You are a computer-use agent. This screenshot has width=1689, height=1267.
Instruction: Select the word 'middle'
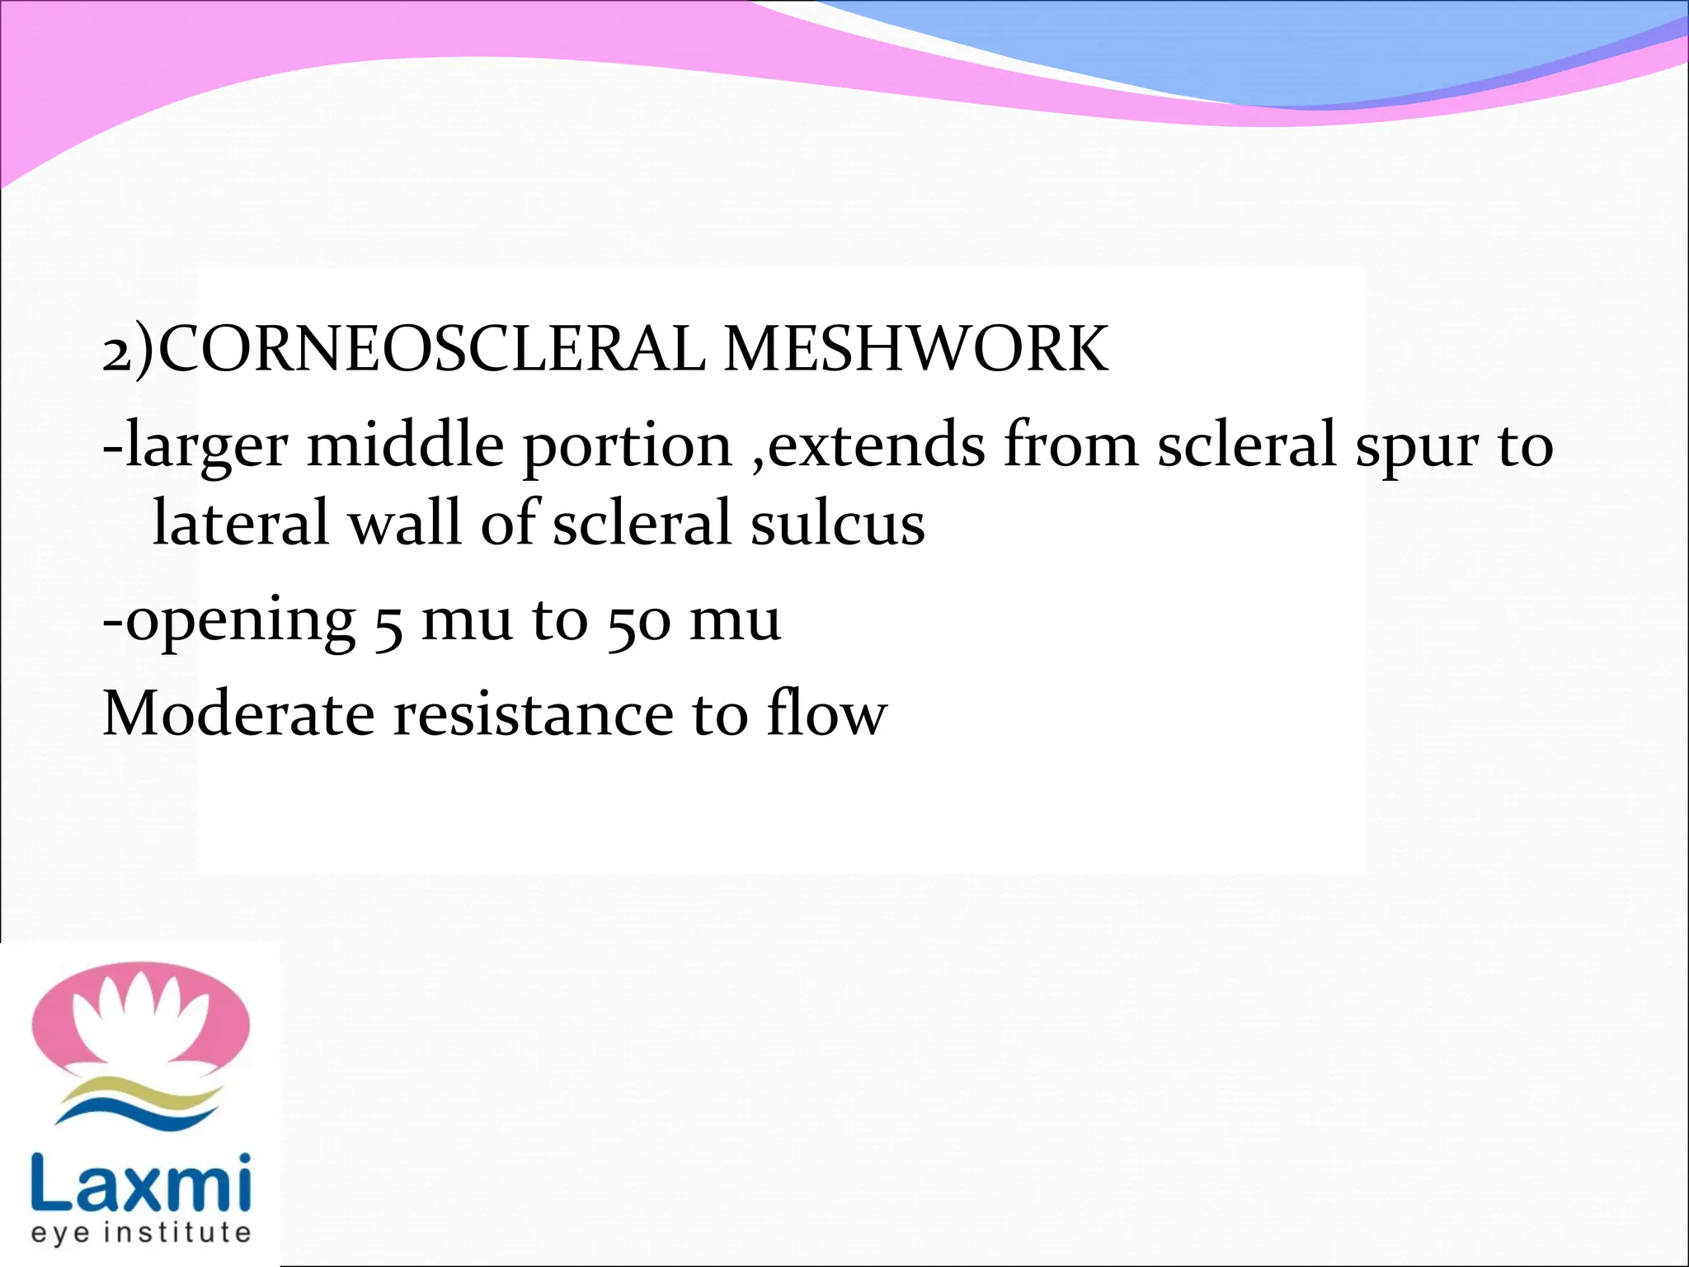click(x=405, y=445)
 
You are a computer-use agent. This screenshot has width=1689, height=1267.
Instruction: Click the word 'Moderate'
click(x=238, y=714)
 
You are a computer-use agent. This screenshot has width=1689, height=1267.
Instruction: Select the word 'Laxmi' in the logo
click(x=140, y=1185)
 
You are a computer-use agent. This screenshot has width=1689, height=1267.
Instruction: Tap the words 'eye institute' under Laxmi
click(x=140, y=1232)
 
